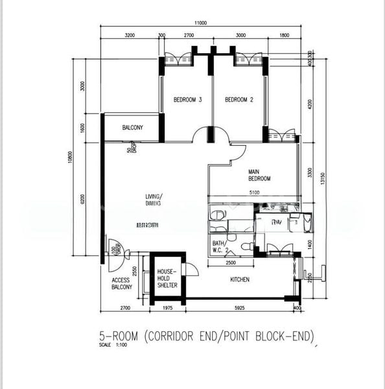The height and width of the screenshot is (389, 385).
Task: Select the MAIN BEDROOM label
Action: pos(259,175)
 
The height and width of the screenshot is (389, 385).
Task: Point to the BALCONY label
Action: pos(132,128)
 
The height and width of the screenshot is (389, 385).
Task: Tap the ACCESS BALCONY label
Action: pos(121,283)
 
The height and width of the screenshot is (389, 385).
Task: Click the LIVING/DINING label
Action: pos(154,200)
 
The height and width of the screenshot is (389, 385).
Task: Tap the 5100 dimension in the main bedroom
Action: pos(254,192)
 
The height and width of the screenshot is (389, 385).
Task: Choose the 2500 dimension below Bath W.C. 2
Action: pos(230,263)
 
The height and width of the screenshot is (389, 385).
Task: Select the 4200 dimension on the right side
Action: pos(310,104)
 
